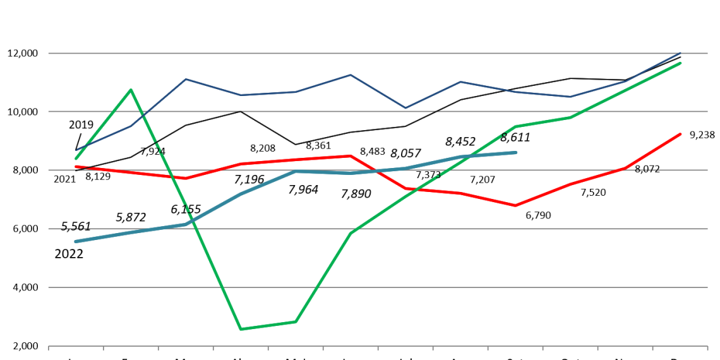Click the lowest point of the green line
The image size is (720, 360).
tap(241, 329)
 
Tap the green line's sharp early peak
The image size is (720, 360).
tap(131, 90)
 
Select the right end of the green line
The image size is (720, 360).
tap(681, 63)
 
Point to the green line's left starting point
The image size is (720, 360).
tap(76, 159)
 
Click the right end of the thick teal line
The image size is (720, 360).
tap(516, 152)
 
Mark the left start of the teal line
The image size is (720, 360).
tap(76, 241)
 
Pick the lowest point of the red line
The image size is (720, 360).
tap(515, 205)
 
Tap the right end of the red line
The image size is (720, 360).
tap(681, 134)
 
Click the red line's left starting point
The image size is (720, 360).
tap(76, 167)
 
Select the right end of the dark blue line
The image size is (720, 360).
tap(681, 52)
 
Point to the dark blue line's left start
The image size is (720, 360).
tap(76, 150)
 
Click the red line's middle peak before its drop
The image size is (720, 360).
tap(351, 155)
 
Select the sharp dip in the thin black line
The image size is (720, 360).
tap(295, 144)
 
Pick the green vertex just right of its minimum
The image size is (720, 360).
tap(295, 322)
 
